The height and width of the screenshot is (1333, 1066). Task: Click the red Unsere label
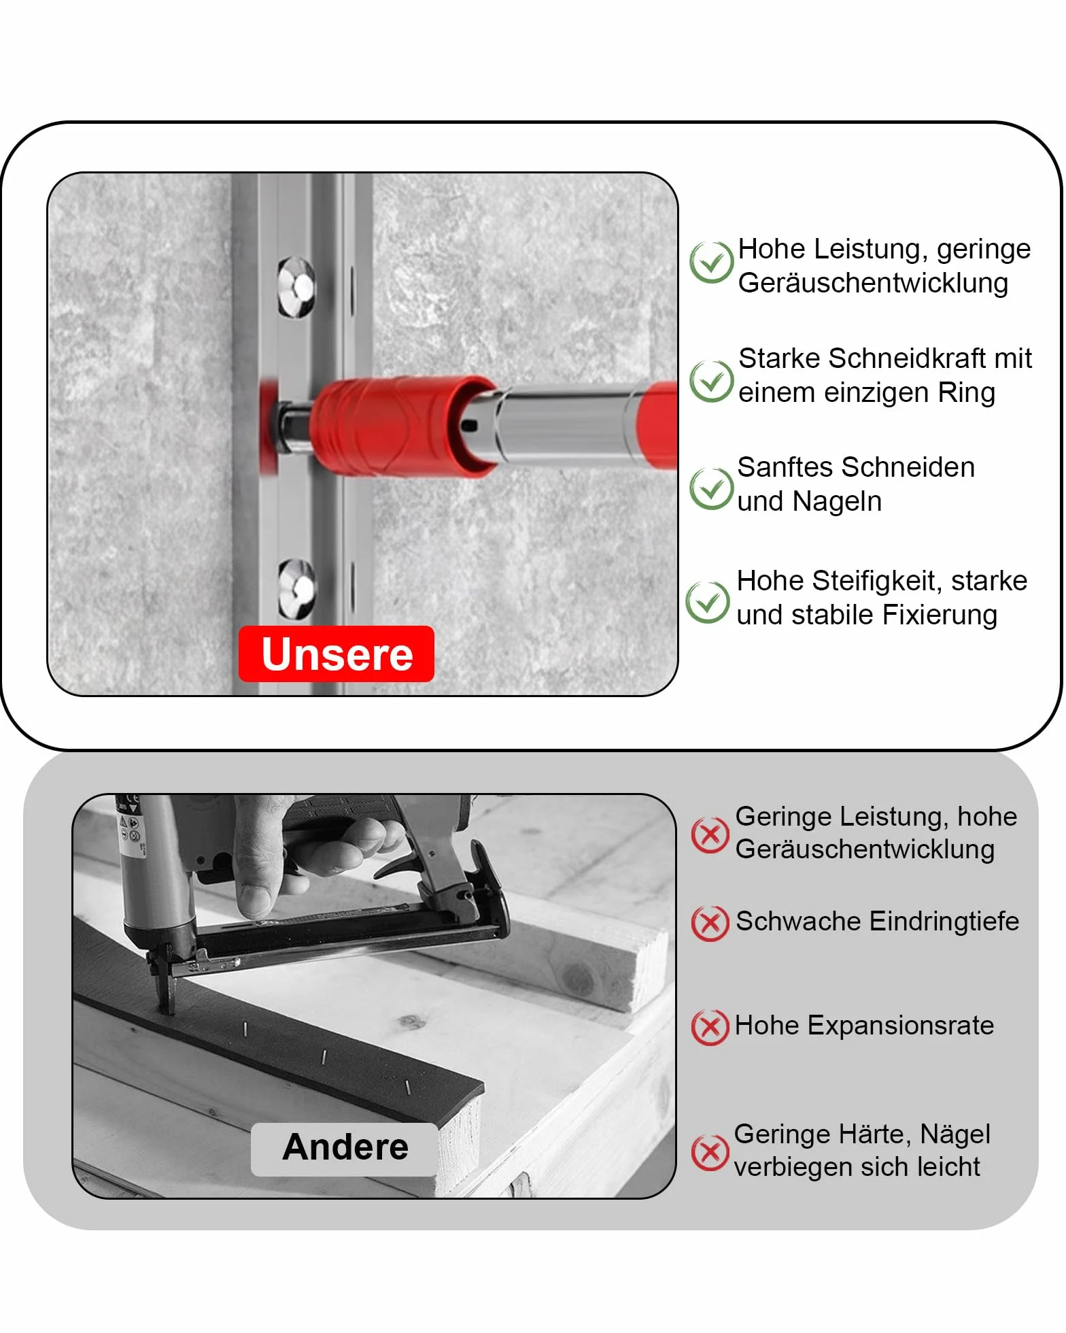[x=337, y=654]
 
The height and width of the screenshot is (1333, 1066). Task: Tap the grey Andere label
[x=345, y=1149]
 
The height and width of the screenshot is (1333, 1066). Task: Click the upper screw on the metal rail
[x=297, y=287]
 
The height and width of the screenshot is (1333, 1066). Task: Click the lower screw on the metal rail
[x=298, y=588]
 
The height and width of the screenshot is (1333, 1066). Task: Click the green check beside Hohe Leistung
[x=711, y=262]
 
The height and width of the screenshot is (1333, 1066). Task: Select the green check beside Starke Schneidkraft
[x=711, y=381]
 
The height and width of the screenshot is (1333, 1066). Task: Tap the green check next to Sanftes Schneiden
[x=711, y=488]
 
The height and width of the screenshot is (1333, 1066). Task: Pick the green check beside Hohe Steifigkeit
[x=708, y=602]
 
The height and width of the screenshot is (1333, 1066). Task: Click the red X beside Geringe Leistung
[x=710, y=835]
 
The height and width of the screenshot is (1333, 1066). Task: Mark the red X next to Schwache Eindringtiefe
[x=710, y=923]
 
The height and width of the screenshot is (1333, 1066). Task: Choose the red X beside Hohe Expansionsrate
[x=710, y=1027]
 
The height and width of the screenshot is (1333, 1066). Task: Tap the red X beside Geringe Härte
[x=710, y=1153]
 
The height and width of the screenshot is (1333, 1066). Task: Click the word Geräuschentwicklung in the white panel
[x=873, y=284]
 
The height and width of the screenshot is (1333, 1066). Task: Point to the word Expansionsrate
[x=900, y=1026]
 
